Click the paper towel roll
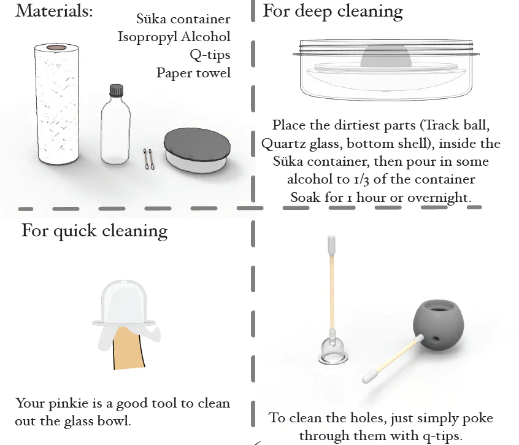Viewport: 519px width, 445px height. tap(56, 104)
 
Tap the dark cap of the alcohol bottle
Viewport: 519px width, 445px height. tap(116, 90)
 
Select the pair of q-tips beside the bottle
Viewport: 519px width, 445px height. tap(148, 159)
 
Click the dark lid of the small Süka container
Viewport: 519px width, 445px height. tap(198, 143)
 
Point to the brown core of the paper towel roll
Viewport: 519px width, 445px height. tap(56, 48)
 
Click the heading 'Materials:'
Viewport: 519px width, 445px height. tap(54, 10)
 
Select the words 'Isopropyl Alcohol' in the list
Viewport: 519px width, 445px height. tap(174, 37)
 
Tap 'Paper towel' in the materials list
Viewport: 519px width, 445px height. tap(193, 73)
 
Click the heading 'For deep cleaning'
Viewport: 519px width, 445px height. tap(333, 11)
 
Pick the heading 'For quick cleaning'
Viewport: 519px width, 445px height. tap(94, 231)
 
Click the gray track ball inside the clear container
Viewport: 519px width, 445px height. tap(386, 56)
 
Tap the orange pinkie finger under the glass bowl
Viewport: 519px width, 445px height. tap(128, 347)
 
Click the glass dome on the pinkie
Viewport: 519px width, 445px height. tap(124, 303)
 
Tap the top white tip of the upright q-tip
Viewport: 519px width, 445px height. tap(331, 243)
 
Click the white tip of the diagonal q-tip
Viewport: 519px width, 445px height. tap(370, 377)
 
